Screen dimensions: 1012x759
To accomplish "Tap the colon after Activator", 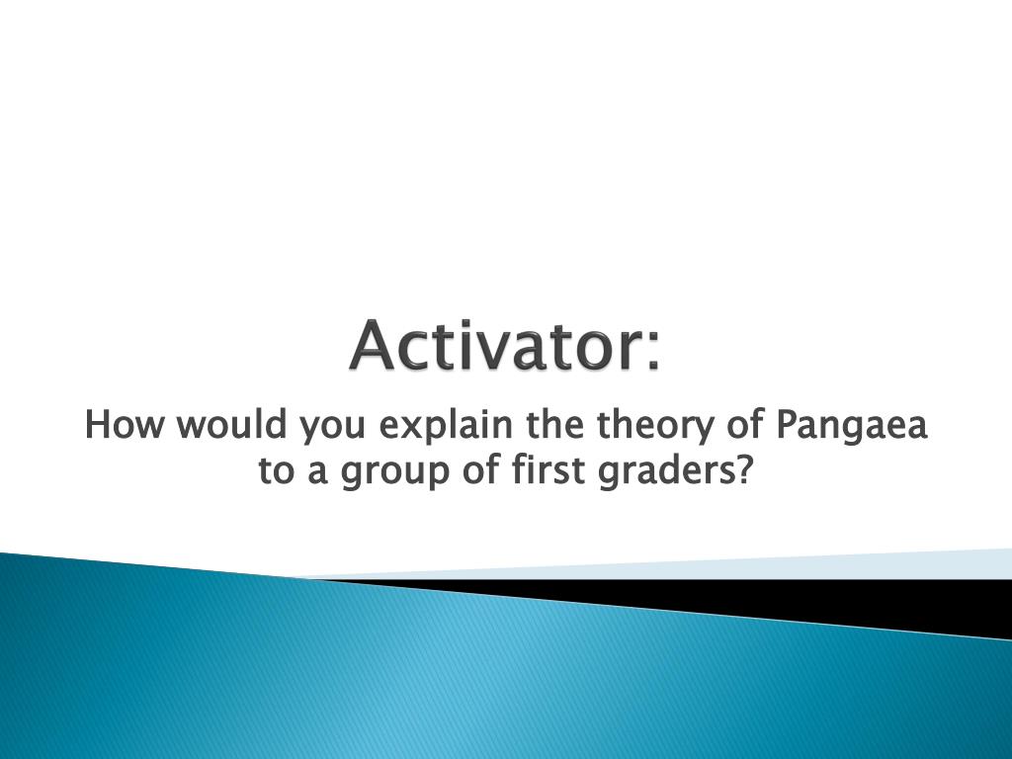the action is pos(653,351).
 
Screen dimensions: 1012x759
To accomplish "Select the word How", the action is pos(124,425).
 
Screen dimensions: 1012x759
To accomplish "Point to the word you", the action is pos(332,429).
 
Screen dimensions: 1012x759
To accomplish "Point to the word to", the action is pos(275,471).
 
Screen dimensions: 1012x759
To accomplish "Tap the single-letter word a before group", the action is pos(317,474).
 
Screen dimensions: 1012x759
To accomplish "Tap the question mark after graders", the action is pos(745,469).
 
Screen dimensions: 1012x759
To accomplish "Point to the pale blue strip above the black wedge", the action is pos(710,566).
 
